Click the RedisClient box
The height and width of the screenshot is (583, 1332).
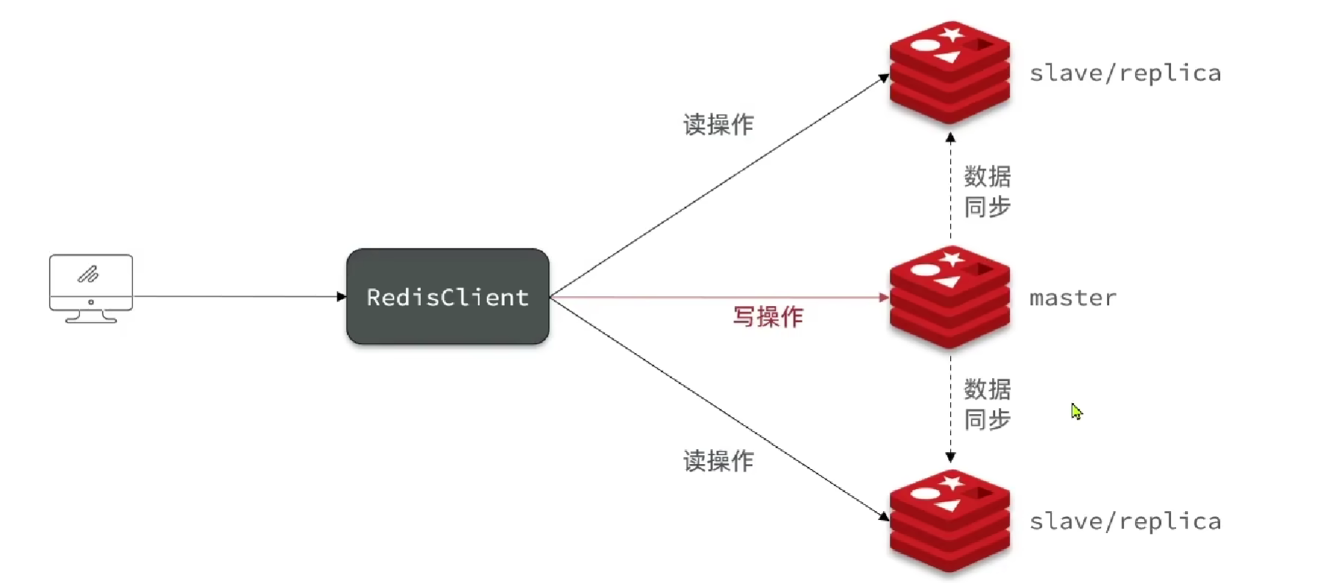tap(447, 296)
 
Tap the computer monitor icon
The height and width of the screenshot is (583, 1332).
tap(91, 287)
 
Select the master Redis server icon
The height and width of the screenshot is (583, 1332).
tap(949, 297)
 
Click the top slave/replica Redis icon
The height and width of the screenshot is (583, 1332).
tap(949, 72)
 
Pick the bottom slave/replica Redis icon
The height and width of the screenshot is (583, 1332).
tap(949, 521)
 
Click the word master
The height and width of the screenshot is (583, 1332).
tap(1072, 298)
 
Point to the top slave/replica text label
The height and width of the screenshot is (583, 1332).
tap(1124, 73)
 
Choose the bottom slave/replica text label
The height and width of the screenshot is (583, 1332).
tap(1124, 521)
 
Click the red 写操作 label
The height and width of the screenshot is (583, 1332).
tap(768, 317)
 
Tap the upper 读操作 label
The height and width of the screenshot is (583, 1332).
tap(718, 124)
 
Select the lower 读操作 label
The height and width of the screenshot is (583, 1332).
tap(718, 461)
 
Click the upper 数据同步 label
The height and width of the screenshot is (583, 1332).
tap(987, 191)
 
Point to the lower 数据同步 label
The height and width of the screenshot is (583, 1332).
tap(987, 404)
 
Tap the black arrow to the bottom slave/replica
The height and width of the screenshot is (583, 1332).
tap(718, 408)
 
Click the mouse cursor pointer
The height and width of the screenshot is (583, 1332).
tap(1076, 411)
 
